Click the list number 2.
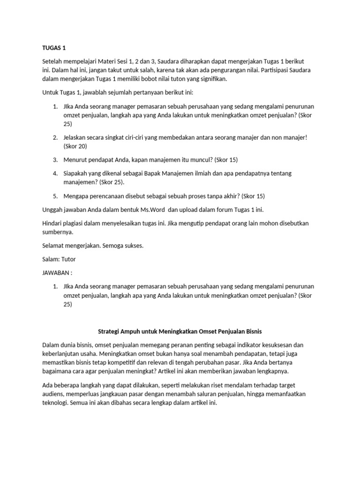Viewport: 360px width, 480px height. (55, 137)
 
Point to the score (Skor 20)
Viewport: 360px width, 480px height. (76, 146)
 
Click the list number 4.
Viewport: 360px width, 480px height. (55, 173)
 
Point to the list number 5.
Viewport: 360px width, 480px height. (55, 196)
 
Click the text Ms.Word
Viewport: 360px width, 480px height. (160, 210)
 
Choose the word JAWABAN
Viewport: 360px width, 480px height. (54, 273)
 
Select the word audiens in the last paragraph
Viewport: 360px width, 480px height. (53, 394)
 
